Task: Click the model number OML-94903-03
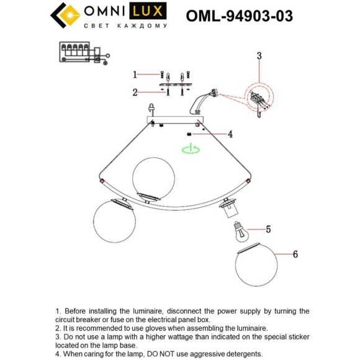coord(240,14)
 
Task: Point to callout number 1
coord(134,74)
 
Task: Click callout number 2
coord(134,93)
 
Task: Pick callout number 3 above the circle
coord(260,56)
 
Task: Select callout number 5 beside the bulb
coord(268,229)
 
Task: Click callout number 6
coord(295,254)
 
